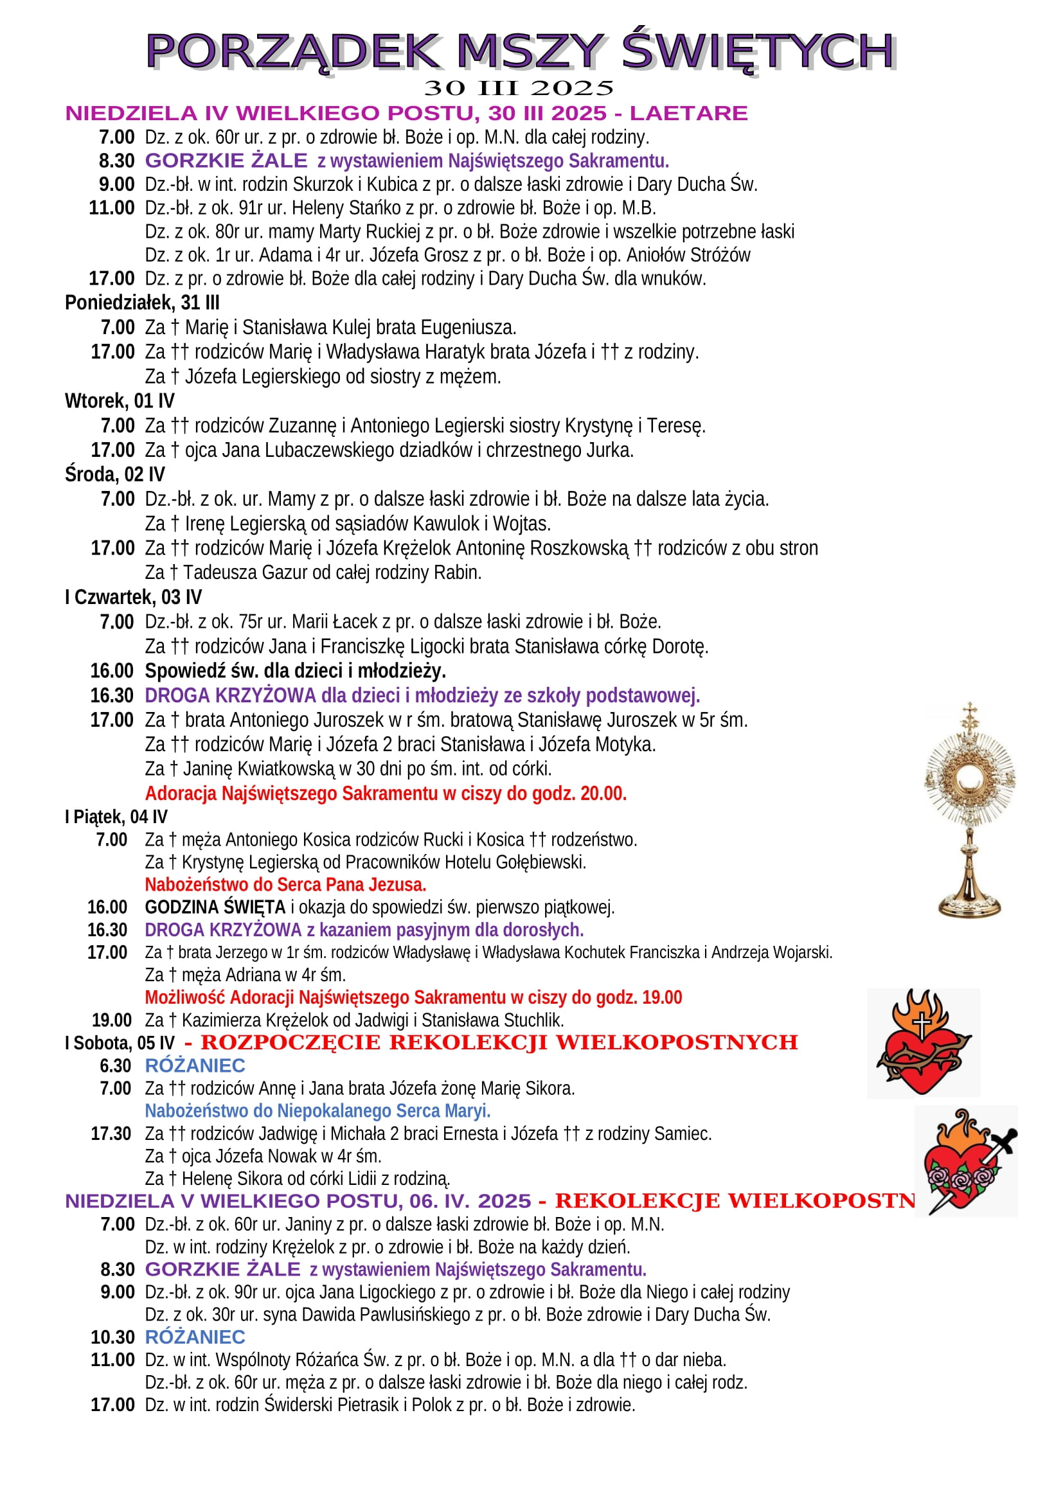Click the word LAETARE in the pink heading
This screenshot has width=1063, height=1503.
coord(688,113)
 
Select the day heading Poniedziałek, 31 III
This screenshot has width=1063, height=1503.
coord(142,303)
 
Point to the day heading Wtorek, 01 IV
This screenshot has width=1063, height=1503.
coord(120,401)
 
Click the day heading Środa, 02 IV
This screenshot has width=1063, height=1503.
coord(114,475)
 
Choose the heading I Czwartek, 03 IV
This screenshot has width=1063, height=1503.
coord(134,597)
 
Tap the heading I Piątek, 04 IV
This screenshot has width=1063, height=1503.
coord(116,817)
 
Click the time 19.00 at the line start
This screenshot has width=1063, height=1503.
coord(112,1020)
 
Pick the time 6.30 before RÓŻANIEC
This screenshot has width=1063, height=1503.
coord(115,1065)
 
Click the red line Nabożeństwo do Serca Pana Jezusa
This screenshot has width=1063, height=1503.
coord(285,885)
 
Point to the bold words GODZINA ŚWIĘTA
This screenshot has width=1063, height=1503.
coord(215,907)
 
